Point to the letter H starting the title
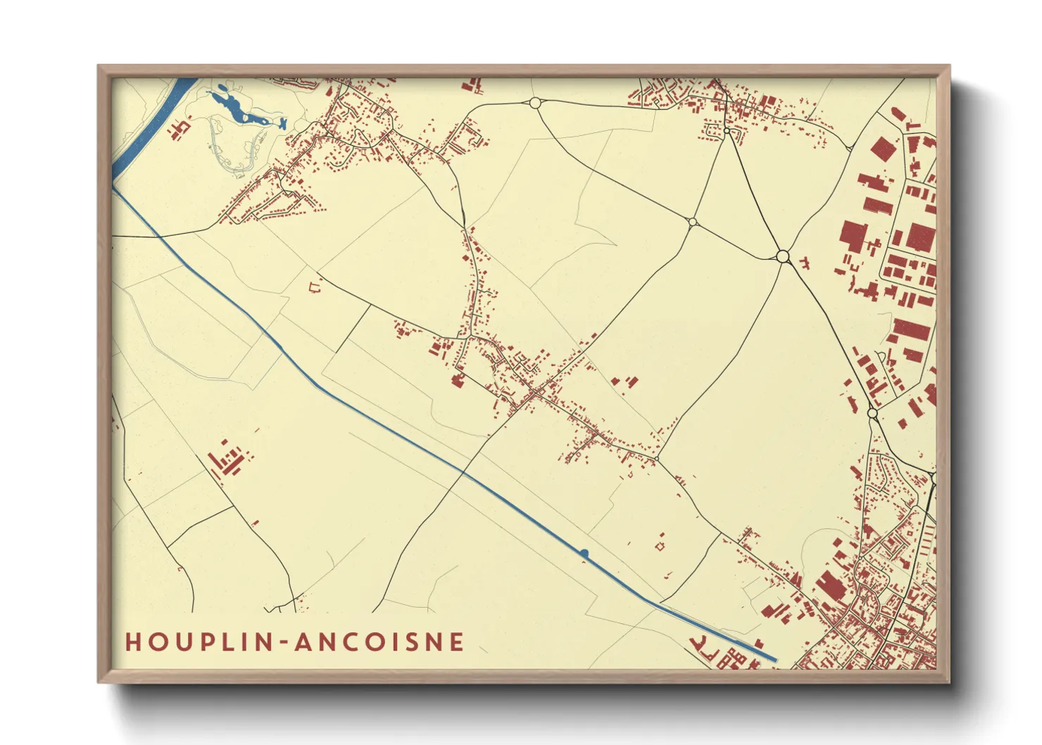point(133,642)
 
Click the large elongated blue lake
point(237,109)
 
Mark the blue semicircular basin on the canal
point(584,553)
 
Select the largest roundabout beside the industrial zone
point(783,256)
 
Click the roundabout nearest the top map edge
point(534,104)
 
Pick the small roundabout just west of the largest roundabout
point(692,223)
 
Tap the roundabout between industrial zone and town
point(872,413)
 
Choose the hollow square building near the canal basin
point(660,545)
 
